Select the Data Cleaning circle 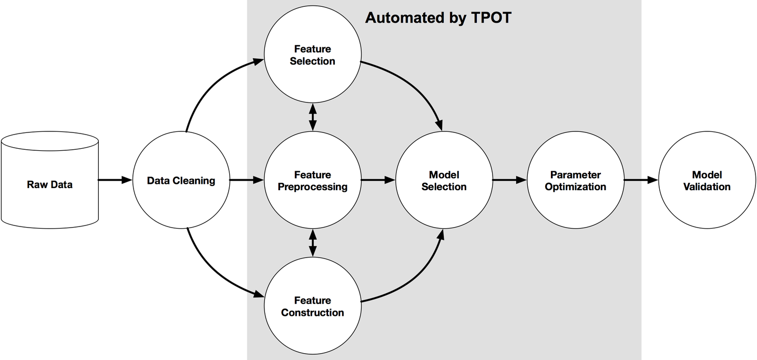point(181,180)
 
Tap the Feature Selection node point(313,55)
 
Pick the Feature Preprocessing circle point(313,180)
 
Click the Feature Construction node point(313,306)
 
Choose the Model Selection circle point(444,180)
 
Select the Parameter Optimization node point(576,180)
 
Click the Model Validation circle point(707,180)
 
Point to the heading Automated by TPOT point(438,18)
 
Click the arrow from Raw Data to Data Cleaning point(115,180)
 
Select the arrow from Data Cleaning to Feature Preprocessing point(246,180)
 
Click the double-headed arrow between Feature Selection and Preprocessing point(313,117)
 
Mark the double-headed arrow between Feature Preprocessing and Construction point(313,243)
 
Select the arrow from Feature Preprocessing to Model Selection point(377,180)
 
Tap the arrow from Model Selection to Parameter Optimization point(509,180)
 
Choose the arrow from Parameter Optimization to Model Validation point(640,180)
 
